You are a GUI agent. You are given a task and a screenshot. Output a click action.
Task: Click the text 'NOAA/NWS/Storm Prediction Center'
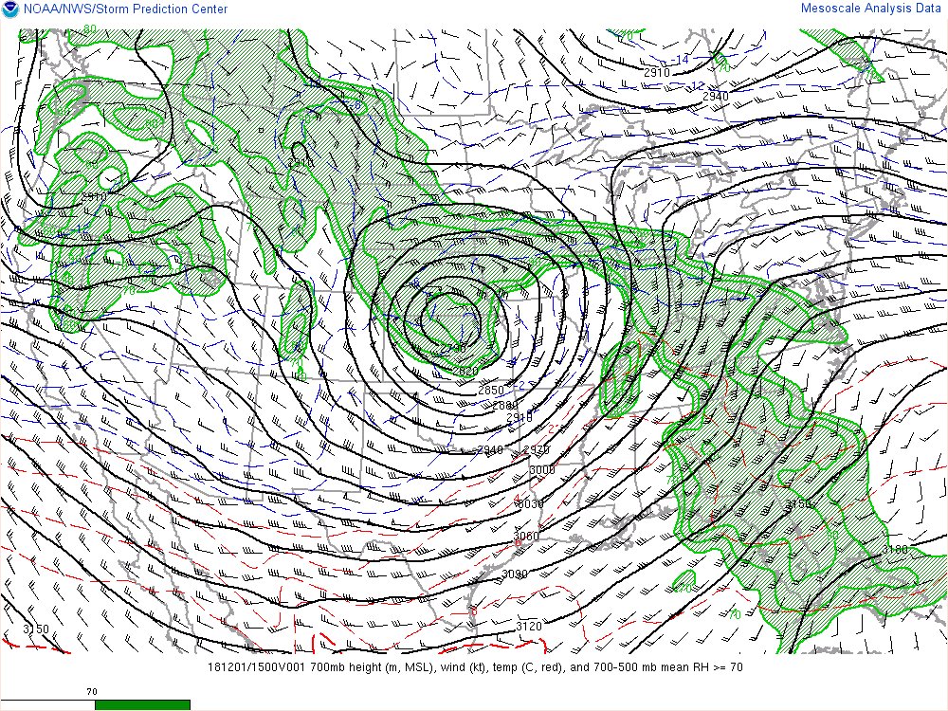[124, 9]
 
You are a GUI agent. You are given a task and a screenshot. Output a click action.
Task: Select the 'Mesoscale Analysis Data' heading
[872, 8]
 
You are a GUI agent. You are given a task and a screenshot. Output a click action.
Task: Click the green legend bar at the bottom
[142, 704]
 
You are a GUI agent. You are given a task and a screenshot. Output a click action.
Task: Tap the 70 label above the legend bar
[92, 692]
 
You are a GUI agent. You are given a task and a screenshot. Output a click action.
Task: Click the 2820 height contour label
[465, 372]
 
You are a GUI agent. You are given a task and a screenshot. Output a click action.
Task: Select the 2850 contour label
[490, 391]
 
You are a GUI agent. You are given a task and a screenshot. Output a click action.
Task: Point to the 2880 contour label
[505, 406]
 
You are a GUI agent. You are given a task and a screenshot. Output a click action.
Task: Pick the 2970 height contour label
[536, 450]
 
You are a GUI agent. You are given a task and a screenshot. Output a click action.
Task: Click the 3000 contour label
[541, 470]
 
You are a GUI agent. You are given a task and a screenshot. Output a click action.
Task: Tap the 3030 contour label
[529, 503]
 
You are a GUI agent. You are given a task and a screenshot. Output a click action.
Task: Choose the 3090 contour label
[515, 574]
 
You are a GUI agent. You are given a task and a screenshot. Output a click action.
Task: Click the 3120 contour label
[529, 626]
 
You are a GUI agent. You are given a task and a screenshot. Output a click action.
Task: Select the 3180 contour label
[894, 550]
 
